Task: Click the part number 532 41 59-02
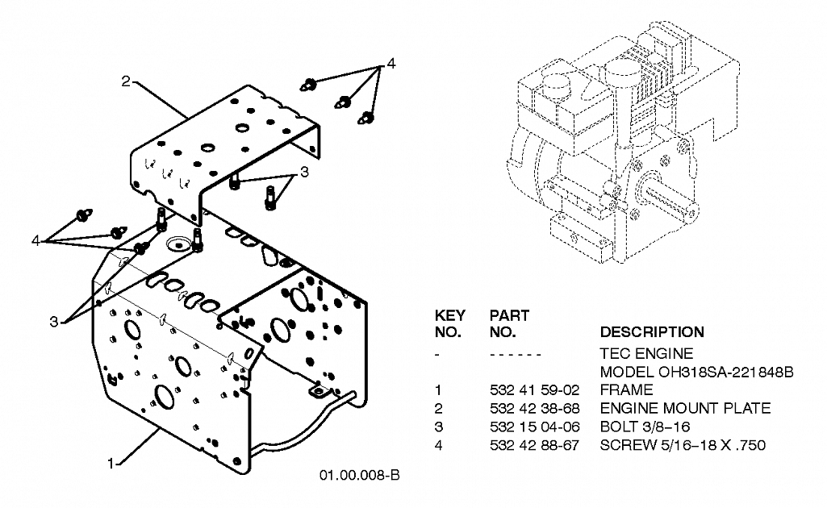[x=534, y=390]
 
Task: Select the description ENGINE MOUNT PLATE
[x=685, y=408]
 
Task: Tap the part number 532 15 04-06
[x=534, y=427]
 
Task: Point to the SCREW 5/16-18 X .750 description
[x=683, y=445]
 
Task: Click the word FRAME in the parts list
[x=627, y=390]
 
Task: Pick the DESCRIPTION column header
[x=652, y=332]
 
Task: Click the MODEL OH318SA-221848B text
[x=696, y=372]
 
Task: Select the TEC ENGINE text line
[x=646, y=354]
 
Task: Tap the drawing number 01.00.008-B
[x=359, y=475]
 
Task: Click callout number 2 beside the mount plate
[x=126, y=81]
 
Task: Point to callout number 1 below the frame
[x=111, y=464]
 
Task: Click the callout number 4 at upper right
[x=391, y=64]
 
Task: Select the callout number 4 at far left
[x=36, y=241]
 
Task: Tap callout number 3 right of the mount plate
[x=304, y=172]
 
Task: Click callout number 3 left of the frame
[x=54, y=322]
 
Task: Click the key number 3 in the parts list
[x=438, y=427]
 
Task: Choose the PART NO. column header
[x=509, y=323]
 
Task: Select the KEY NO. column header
[x=450, y=323]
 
